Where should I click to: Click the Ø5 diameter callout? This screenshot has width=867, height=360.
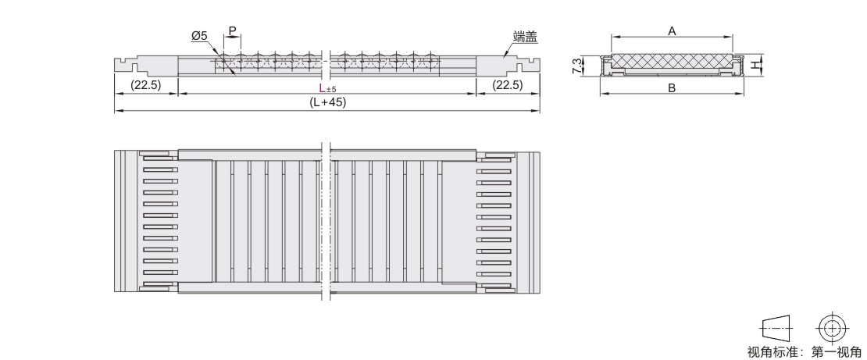(x=199, y=36)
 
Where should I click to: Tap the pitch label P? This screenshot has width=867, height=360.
(x=232, y=31)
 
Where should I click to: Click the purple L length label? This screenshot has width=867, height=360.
(x=322, y=87)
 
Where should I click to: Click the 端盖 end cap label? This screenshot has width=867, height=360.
(x=525, y=37)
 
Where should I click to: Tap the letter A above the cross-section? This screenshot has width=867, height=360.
(x=672, y=31)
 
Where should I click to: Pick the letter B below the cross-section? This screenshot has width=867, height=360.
(x=672, y=88)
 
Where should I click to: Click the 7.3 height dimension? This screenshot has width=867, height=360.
(x=577, y=66)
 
